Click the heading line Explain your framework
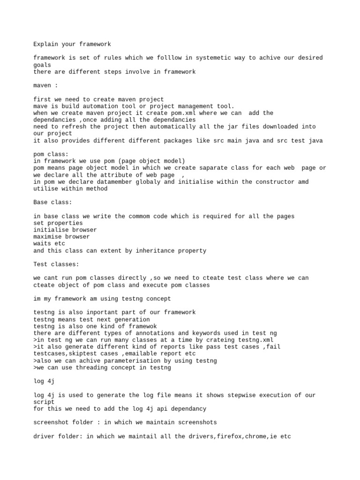(x=72, y=44)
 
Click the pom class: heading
(x=51, y=154)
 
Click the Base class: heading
(x=52, y=202)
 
